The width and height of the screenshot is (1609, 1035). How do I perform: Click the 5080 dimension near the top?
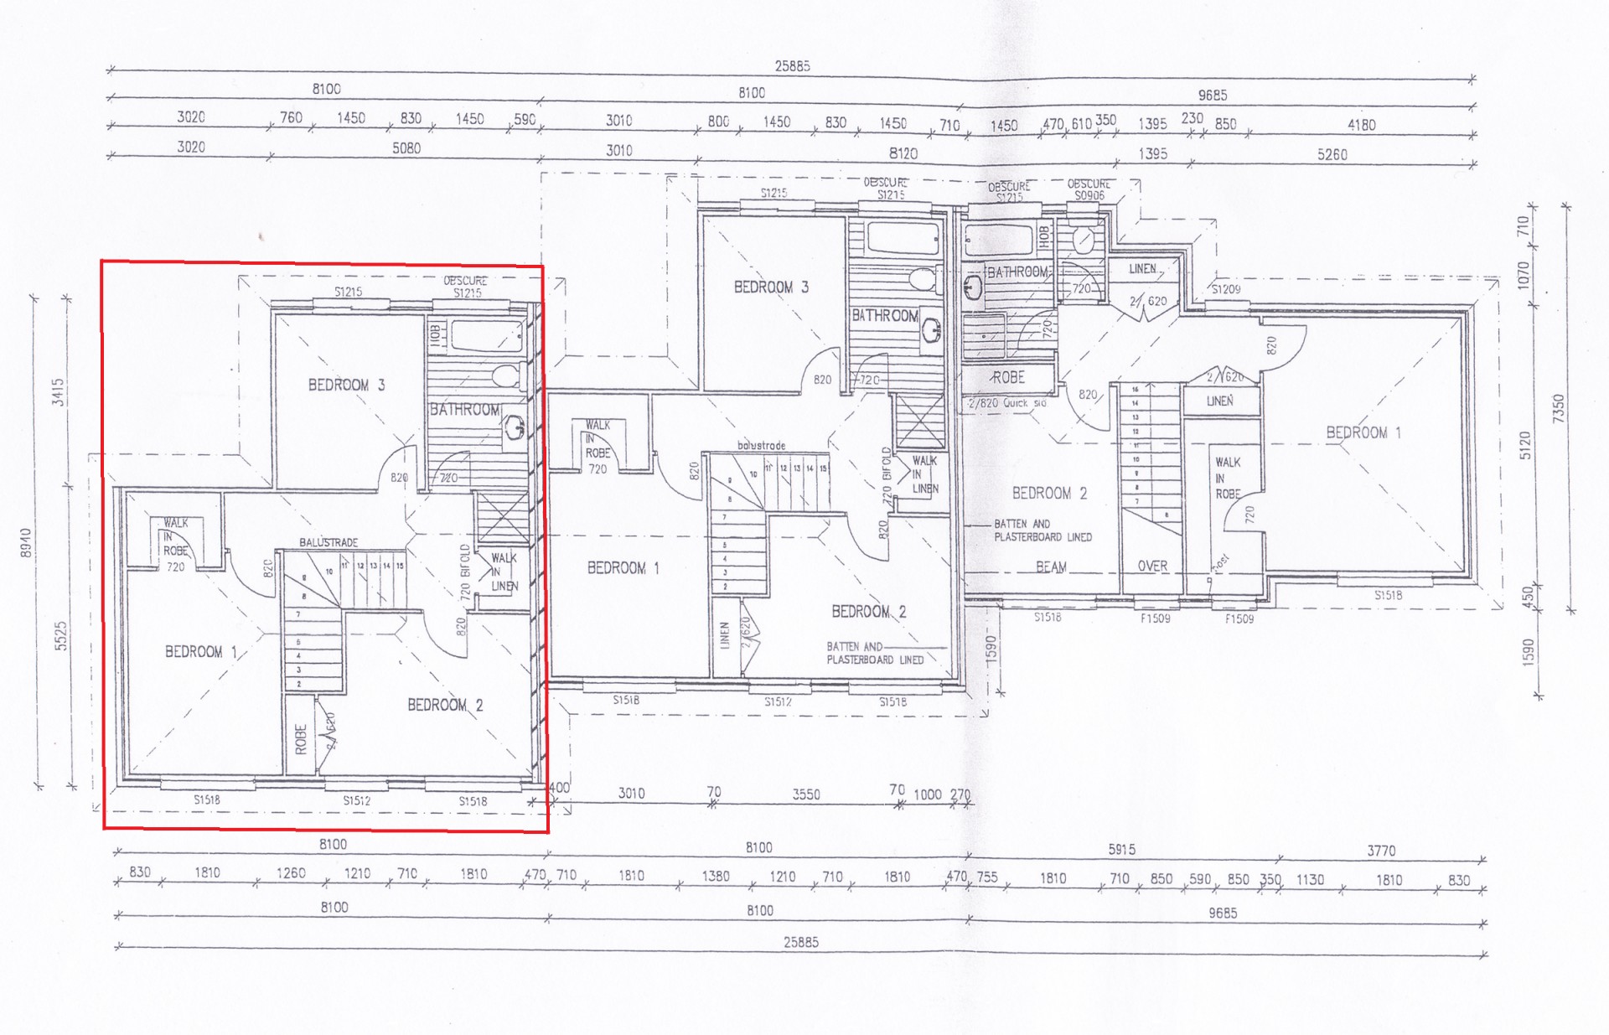tap(406, 148)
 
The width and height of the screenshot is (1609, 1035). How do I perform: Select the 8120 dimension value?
tap(903, 153)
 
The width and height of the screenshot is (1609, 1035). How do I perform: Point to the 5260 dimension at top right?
tap(1332, 154)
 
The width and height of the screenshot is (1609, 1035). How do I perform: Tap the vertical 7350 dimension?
tap(1558, 409)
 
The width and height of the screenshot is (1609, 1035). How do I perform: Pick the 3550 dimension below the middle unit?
tap(806, 794)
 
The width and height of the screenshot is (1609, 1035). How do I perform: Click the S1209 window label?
tap(1226, 289)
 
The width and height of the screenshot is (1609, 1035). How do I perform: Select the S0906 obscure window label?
tap(1089, 195)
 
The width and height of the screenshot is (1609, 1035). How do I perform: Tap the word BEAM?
tap(1051, 567)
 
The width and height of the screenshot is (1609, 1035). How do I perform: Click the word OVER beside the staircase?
tap(1152, 567)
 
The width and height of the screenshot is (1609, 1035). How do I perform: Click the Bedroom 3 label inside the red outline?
tap(346, 385)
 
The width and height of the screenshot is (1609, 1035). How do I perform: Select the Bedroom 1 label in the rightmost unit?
tap(1363, 432)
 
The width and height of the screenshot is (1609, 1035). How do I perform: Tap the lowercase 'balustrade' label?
tap(761, 445)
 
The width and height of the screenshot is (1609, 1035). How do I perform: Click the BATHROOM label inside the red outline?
tap(465, 410)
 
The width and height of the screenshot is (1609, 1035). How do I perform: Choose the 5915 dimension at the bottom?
tap(1121, 850)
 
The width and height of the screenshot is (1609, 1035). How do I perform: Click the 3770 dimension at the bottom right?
tap(1381, 851)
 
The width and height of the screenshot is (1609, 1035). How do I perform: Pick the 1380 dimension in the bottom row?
tap(715, 876)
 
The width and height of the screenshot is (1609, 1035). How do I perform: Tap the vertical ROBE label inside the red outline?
tap(302, 739)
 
